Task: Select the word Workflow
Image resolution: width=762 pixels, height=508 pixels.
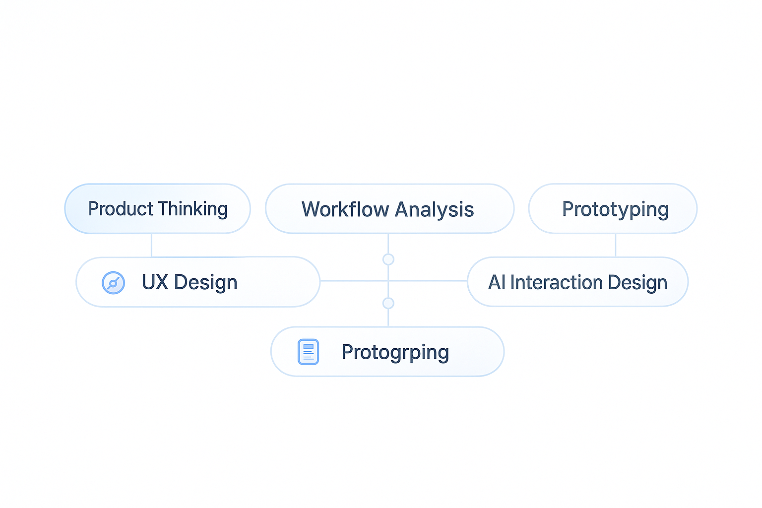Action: click(345, 209)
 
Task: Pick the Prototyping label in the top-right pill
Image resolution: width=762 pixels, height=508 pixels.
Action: click(615, 209)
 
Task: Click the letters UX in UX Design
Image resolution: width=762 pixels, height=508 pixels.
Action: click(155, 282)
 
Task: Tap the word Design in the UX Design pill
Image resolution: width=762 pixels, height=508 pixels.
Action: click(205, 283)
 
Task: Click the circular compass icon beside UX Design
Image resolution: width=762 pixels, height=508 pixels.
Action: click(113, 283)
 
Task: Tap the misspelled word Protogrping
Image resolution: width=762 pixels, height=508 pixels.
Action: click(395, 353)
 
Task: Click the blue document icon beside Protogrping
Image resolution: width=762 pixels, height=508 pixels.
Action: click(308, 352)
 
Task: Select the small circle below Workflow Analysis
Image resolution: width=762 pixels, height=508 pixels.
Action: click(388, 259)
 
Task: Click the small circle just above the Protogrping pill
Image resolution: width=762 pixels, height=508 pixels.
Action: click(388, 303)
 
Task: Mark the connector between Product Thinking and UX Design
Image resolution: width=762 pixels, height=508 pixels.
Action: click(151, 245)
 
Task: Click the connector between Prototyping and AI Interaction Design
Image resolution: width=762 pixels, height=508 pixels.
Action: click(616, 245)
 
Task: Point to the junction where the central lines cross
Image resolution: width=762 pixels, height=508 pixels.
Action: click(388, 281)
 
